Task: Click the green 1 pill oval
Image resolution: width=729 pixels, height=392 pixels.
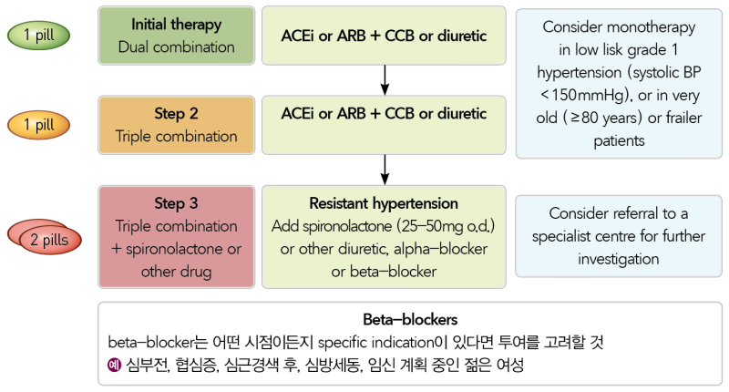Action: [43, 36]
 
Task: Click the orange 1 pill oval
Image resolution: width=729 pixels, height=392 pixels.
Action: [43, 125]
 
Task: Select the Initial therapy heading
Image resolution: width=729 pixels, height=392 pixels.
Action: [176, 24]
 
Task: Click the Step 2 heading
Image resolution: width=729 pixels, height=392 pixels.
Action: [176, 114]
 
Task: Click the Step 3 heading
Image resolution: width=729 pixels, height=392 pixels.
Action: [176, 203]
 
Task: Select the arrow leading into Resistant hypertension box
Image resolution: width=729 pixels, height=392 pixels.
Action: [385, 170]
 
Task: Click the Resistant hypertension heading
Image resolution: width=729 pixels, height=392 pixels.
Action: [384, 203]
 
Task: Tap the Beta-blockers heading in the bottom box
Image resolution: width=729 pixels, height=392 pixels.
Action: [410, 320]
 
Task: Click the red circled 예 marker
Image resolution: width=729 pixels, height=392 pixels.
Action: [114, 366]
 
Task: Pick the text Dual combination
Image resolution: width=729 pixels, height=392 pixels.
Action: [176, 46]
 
